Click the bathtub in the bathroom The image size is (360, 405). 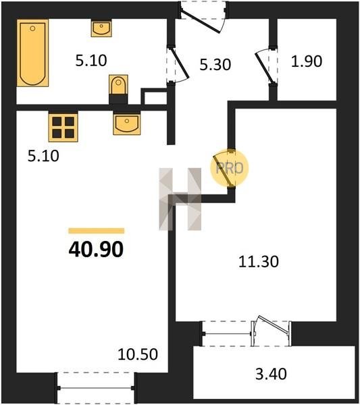tap(33, 53)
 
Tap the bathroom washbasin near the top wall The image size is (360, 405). tap(101, 28)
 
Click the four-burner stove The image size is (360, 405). tap(63, 127)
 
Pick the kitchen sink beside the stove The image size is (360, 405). tap(127, 124)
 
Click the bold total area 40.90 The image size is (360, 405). tap(96, 250)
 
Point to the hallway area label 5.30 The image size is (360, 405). tap(215, 65)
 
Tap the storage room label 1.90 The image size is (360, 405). tap(307, 61)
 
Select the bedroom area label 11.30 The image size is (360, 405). tap(259, 261)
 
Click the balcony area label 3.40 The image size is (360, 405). tap(271, 374)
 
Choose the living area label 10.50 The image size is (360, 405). tap(138, 354)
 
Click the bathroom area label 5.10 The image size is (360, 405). tap(91, 61)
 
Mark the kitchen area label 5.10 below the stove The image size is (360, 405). tap(43, 156)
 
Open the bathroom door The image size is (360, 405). tap(177, 64)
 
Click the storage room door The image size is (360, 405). tap(266, 66)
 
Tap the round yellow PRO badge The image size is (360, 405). tap(230, 168)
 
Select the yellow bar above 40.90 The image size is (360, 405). tap(97, 231)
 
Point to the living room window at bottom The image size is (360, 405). tap(96, 388)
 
